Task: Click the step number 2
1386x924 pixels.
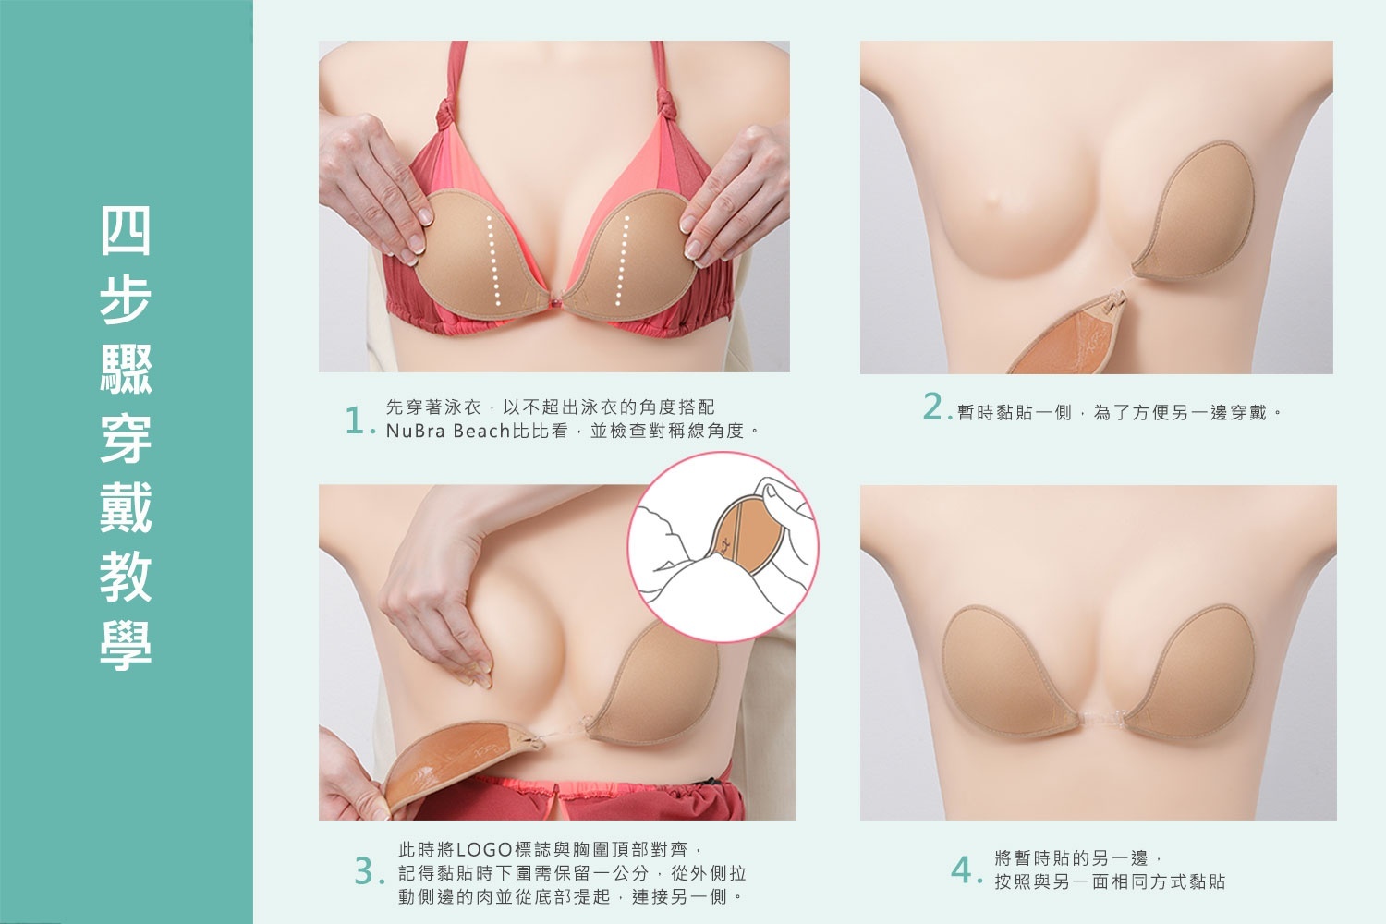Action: [933, 407]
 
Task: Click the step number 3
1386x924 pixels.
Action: [366, 872]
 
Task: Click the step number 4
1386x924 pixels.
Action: [962, 870]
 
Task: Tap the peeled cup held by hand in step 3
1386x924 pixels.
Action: [453, 758]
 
